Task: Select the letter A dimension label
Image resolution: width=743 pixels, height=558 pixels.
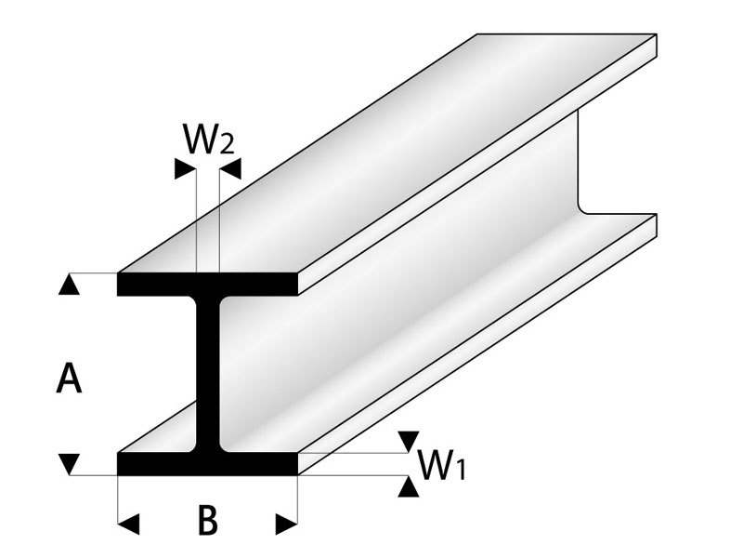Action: pos(69,379)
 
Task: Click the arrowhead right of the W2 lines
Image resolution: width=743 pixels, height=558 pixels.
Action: pos(229,169)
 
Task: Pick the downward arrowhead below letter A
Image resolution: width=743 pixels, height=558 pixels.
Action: pos(69,462)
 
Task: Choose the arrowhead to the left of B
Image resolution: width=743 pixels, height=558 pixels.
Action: pos(129,525)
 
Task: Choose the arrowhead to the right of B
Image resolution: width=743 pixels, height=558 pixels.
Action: pos(287,525)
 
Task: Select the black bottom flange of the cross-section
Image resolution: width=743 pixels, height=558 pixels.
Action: pos(208,463)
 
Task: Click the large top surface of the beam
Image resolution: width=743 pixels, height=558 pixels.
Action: pos(390,158)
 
